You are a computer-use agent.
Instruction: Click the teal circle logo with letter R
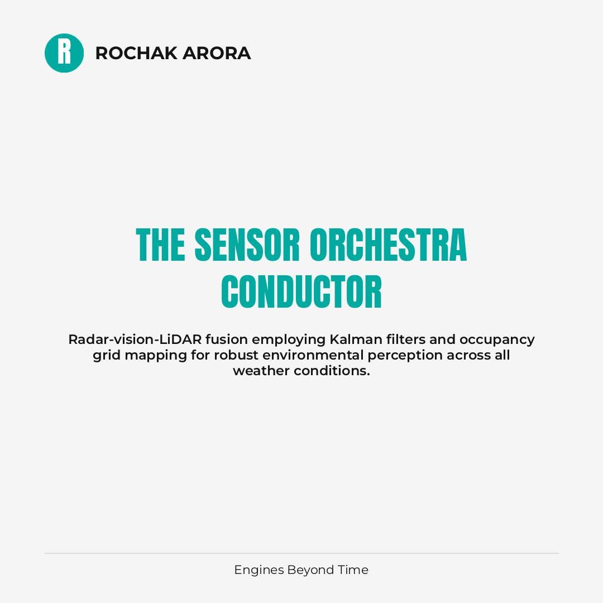[64, 53]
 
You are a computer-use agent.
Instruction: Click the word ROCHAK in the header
[136, 53]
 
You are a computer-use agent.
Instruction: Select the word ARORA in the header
[217, 53]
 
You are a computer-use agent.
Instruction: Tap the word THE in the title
[160, 245]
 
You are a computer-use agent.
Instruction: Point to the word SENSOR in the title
[247, 245]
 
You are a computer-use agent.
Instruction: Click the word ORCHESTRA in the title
[388, 245]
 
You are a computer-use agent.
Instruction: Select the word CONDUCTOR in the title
[301, 292]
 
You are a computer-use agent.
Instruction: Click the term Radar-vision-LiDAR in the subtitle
[135, 339]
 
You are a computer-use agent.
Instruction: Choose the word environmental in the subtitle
[313, 355]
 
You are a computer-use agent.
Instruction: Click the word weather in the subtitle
[261, 371]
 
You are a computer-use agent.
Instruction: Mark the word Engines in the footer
[259, 570]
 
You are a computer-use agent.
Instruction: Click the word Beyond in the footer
[310, 570]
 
